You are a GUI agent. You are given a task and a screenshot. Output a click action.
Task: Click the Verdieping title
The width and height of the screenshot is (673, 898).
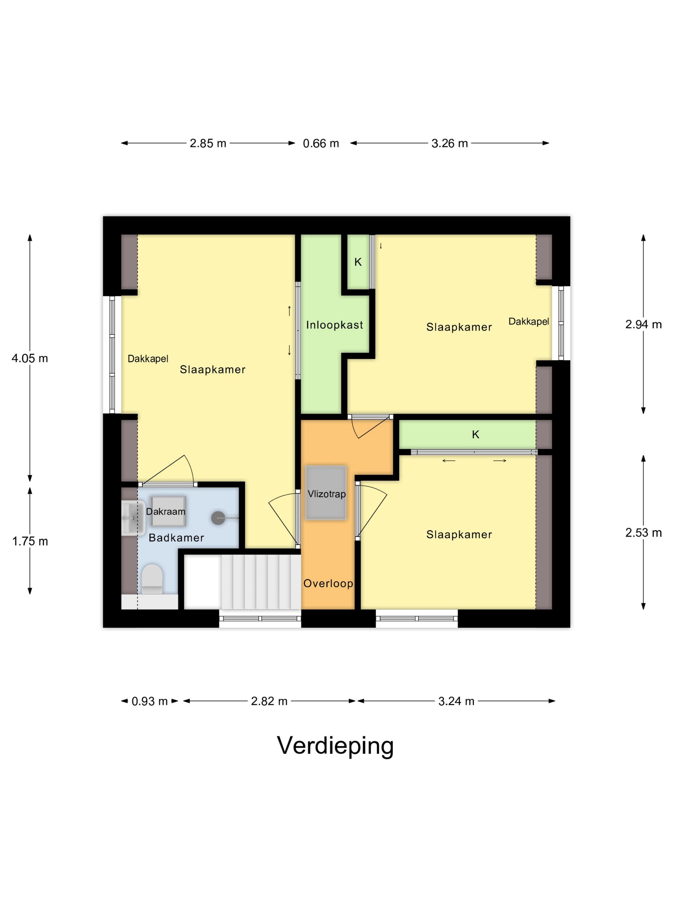(335, 745)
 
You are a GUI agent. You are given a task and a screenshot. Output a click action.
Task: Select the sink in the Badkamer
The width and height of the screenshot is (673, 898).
(132, 518)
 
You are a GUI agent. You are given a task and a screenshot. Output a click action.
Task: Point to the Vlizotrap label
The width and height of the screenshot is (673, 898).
(327, 494)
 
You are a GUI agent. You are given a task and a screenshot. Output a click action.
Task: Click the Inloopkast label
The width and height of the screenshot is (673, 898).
(334, 325)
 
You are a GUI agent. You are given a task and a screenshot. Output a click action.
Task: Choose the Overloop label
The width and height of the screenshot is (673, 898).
(328, 583)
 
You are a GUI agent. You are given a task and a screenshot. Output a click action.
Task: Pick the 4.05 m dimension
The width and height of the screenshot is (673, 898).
(29, 359)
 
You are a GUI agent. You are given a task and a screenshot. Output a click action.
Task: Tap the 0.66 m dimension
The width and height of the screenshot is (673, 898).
(321, 143)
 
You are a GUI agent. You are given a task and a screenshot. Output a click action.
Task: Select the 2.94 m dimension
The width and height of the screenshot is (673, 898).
(643, 324)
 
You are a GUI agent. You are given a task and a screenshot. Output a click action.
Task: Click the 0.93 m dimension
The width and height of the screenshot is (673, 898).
(150, 701)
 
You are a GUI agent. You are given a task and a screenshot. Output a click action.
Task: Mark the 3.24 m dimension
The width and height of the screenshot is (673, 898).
(456, 701)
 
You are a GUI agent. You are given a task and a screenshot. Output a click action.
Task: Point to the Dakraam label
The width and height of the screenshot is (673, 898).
(165, 512)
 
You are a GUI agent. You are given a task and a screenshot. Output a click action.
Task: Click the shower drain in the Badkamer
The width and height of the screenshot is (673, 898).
(218, 518)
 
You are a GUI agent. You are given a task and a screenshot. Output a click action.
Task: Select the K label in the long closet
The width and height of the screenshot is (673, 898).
(476, 435)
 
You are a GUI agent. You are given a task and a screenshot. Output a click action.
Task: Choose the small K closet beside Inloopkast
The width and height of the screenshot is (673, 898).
(358, 262)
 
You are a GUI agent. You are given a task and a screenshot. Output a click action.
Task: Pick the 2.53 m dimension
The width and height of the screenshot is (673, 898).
(643, 533)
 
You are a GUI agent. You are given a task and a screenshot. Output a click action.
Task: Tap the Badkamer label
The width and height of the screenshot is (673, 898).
(176, 538)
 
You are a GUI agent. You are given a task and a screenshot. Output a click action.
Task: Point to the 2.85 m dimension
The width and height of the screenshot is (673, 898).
(208, 143)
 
